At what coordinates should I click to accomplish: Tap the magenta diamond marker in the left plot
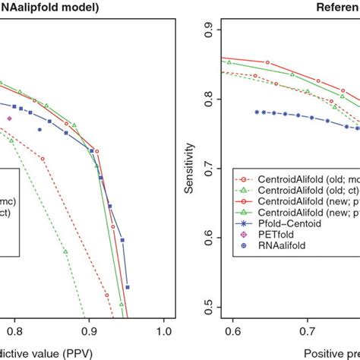click(9, 118)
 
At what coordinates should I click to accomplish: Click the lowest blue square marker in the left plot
click(128, 287)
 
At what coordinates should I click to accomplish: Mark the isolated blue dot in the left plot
click(39, 130)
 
